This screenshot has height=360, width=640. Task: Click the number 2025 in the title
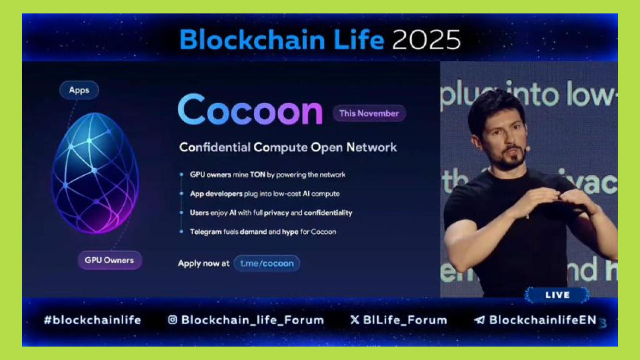426,40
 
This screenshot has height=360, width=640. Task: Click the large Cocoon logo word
250,110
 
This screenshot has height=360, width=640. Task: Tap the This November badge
369,113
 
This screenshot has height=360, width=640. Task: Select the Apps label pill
79,90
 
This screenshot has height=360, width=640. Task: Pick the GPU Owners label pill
109,260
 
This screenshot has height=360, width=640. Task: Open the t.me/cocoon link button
267,263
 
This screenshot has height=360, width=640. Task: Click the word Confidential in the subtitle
215,147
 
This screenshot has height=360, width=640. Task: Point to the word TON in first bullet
257,175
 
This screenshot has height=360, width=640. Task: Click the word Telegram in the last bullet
206,232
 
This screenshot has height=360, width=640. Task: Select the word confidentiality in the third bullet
328,213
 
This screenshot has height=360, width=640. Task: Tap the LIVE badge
557,295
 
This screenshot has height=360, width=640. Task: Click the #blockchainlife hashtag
93,320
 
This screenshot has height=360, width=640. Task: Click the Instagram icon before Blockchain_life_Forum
172,320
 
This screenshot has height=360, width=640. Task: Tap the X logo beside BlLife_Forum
355,320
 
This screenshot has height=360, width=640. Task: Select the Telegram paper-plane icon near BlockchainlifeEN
479,320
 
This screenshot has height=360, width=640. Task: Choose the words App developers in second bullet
216,194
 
